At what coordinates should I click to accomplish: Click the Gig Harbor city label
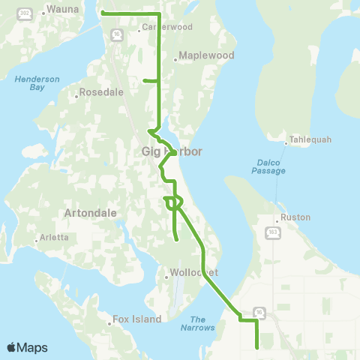point(172,151)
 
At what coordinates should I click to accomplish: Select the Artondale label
point(91,212)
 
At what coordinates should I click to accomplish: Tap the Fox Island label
point(136,319)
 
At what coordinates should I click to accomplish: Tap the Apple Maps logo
point(27,347)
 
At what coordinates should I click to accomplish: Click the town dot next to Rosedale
point(76,95)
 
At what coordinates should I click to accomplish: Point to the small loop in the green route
point(175,202)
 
